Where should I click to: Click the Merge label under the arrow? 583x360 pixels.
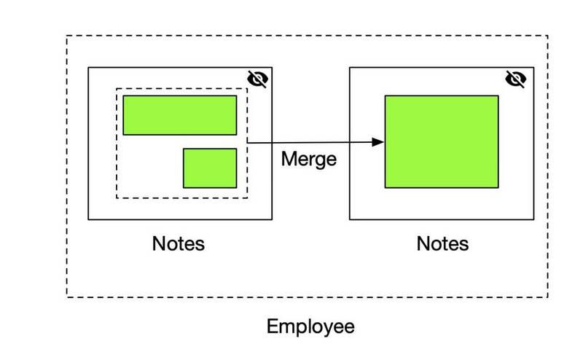[x=309, y=160]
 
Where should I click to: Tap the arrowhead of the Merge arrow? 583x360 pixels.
[x=377, y=141]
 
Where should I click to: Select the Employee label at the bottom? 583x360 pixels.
[x=310, y=327]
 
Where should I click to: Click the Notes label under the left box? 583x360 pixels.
[x=179, y=244]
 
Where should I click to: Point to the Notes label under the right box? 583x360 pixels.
[x=442, y=244]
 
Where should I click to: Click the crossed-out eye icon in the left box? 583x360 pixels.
[x=257, y=79]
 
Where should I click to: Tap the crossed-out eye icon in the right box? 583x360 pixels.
[x=516, y=79]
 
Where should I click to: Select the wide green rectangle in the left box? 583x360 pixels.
[x=180, y=115]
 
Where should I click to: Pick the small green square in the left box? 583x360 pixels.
[x=210, y=168]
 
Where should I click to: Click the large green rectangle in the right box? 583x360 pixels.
[x=442, y=141]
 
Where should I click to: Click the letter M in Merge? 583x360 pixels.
[x=289, y=159]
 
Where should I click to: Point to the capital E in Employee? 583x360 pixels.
[x=272, y=326]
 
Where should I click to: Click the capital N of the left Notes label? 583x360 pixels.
[x=158, y=244]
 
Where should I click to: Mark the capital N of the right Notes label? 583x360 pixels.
[x=423, y=244]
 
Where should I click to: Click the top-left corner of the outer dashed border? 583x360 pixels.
[x=67, y=36]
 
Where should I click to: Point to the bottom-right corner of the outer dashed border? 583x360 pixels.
[x=548, y=297]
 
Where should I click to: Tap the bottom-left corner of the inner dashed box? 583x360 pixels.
[x=117, y=197]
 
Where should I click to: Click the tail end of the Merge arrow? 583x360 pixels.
[x=248, y=142]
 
